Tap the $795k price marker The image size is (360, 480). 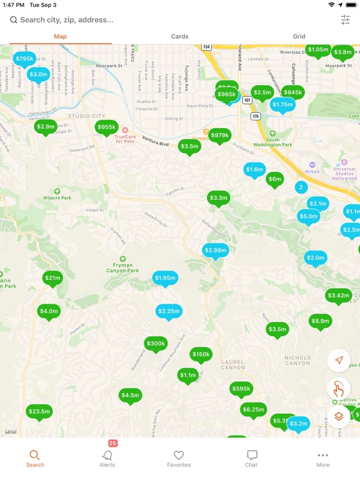click(x=24, y=59)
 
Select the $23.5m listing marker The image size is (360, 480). click(x=39, y=411)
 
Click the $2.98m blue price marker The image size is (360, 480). click(x=216, y=250)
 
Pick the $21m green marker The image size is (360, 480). click(x=52, y=277)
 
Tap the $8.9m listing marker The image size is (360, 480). click(x=320, y=321)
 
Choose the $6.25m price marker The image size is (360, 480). click(x=253, y=409)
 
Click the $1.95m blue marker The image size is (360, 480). click(x=165, y=277)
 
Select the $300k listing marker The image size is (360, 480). click(x=156, y=343)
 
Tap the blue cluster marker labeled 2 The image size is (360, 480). click(x=301, y=187)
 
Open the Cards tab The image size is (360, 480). click(x=179, y=36)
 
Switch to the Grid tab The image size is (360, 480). click(x=299, y=36)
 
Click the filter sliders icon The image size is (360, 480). click(x=346, y=20)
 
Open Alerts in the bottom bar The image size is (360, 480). click(x=107, y=459)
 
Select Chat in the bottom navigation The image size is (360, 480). click(x=251, y=459)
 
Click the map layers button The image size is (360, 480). click(x=339, y=416)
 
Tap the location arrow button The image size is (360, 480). click(x=339, y=360)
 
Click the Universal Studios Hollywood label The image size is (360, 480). click(x=344, y=174)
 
